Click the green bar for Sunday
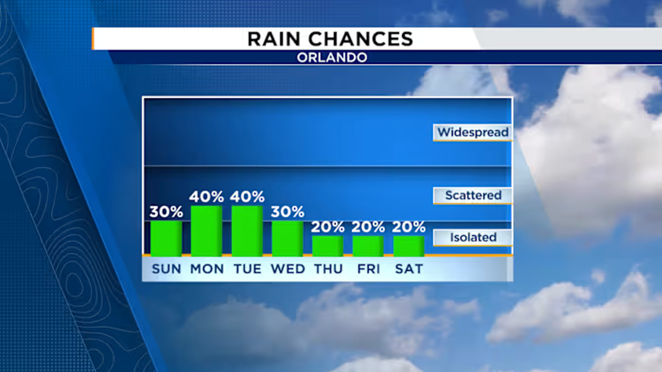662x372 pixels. (166, 239)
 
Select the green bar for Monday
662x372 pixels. (206, 231)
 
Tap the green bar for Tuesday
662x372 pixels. (247, 231)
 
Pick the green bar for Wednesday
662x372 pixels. (287, 239)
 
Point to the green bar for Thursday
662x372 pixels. (327, 246)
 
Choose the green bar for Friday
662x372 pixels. (368, 246)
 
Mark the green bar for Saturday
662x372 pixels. (409, 246)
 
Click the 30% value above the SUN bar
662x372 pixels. (166, 212)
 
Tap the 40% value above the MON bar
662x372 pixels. (206, 197)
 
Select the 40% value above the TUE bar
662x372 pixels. (247, 197)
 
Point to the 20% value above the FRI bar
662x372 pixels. (368, 227)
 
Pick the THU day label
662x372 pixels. (328, 269)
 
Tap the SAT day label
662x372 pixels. (409, 269)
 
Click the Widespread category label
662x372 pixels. (473, 132)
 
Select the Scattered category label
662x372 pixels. (473, 195)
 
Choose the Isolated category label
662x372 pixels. (473, 237)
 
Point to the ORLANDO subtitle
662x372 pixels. (332, 57)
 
